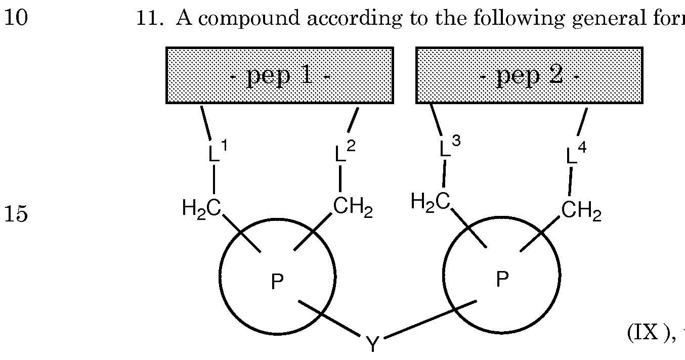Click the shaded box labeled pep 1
280,75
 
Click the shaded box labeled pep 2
529,75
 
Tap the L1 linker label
218,152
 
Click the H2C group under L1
201,207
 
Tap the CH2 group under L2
353,207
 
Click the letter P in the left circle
277,282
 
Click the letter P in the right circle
501,279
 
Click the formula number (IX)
651,332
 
